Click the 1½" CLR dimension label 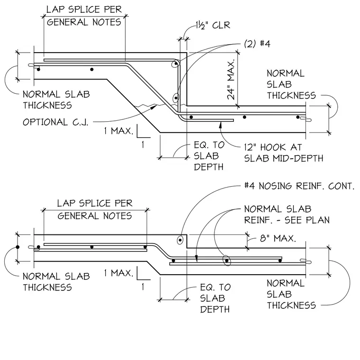(213, 25)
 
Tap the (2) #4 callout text (257, 44)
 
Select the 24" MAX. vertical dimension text (231, 80)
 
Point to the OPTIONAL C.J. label (55, 122)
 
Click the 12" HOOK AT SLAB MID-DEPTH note (284, 153)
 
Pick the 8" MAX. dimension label (278, 238)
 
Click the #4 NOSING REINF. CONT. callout (300, 186)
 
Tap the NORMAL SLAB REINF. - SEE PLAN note (287, 215)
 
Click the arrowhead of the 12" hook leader (220, 125)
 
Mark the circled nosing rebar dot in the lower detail (180, 240)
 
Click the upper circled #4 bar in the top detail (176, 63)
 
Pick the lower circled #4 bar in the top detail (176, 98)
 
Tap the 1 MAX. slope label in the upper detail (119, 131)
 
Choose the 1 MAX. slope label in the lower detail (119, 273)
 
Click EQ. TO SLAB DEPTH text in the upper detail (209, 156)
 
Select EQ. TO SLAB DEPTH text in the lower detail (215, 298)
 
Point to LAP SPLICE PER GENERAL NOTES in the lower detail (95, 210)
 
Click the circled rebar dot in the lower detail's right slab (227, 261)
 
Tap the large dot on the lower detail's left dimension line (18, 247)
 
